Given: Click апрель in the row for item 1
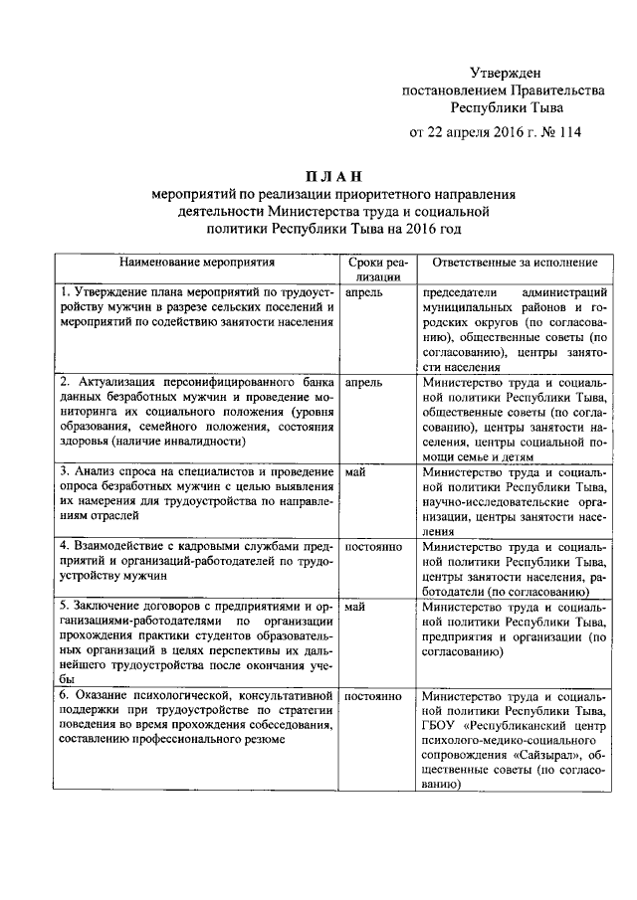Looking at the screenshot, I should pos(363,294).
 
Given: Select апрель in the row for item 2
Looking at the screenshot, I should pos(363,382).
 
